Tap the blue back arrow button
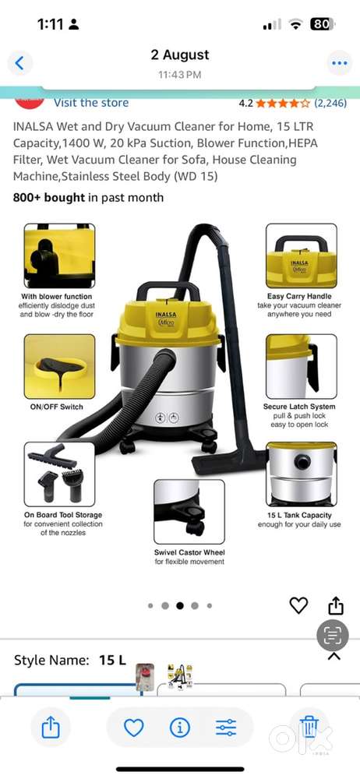tap(20, 63)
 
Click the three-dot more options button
tap(340, 63)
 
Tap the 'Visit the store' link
tap(91, 103)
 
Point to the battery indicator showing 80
tap(323, 24)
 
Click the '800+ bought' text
tap(49, 197)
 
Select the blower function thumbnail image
tap(60, 256)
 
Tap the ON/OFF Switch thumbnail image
tap(60, 366)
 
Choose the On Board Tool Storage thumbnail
tap(60, 474)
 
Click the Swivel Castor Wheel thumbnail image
tap(189, 512)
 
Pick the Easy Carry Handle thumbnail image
tap(302, 256)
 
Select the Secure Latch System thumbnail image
tap(302, 366)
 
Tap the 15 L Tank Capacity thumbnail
tap(302, 474)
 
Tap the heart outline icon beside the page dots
tap(298, 605)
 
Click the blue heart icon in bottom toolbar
tap(134, 728)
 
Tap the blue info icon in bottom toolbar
tap(179, 728)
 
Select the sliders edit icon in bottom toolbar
tap(226, 728)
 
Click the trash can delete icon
tap(309, 727)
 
